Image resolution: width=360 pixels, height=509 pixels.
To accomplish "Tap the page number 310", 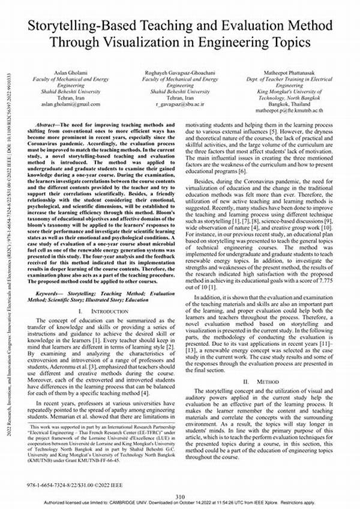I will pyautogui.click(x=179, y=495).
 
